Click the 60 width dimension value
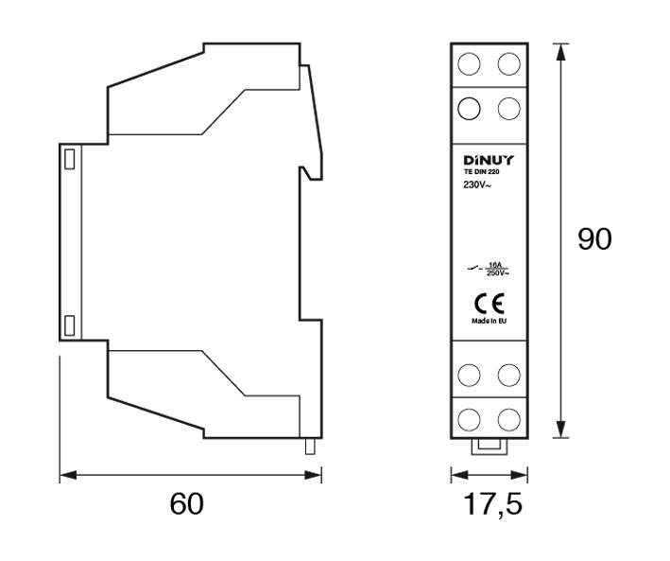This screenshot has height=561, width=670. click(187, 503)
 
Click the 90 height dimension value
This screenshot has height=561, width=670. click(594, 238)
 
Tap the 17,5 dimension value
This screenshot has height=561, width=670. click(492, 503)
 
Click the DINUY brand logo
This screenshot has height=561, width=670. click(490, 161)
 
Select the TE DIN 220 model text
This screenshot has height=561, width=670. click(482, 172)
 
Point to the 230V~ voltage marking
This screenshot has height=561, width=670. click(477, 185)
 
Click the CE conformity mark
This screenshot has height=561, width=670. click(490, 304)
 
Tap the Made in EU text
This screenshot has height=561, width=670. click(490, 321)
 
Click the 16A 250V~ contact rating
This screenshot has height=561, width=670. click(498, 269)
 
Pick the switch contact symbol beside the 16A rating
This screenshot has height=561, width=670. click(474, 269)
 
